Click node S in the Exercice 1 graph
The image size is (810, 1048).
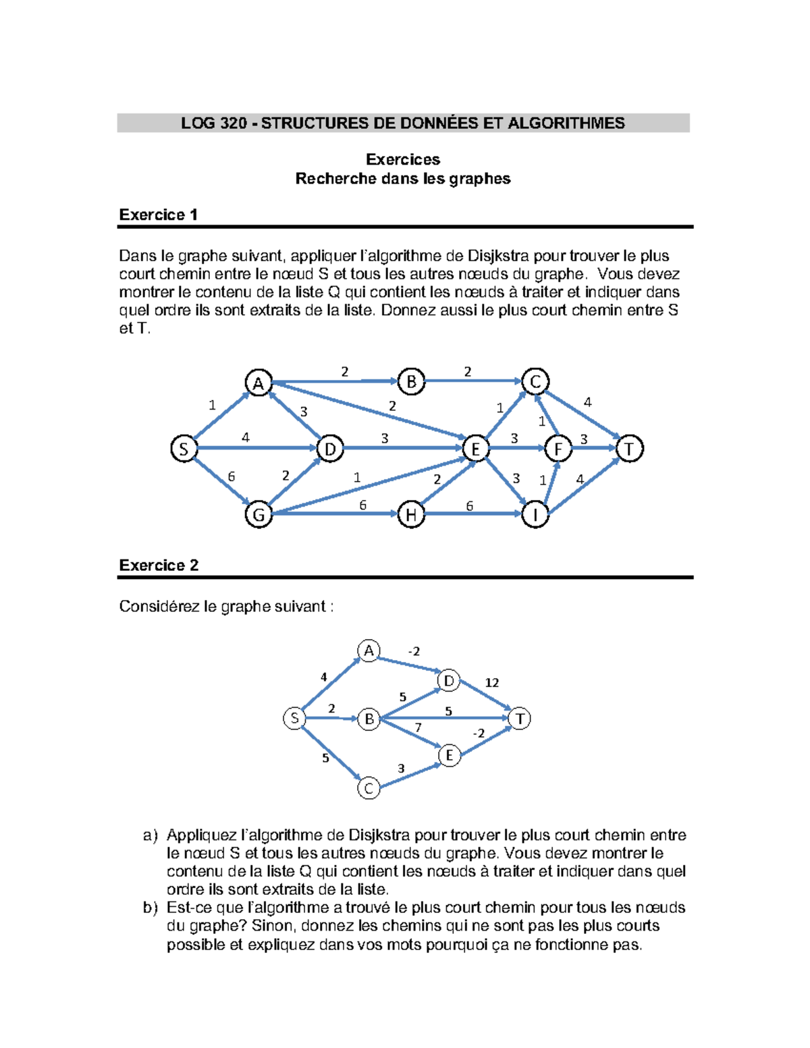[x=184, y=448]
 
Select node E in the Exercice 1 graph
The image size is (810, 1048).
[x=475, y=448]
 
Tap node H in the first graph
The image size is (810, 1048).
[x=411, y=515]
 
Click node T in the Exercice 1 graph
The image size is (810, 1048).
[x=629, y=448]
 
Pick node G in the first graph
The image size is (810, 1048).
[x=259, y=515]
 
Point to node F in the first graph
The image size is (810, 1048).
[x=558, y=448]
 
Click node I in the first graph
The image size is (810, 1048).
[x=535, y=515]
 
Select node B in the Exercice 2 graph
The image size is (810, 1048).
[x=369, y=719]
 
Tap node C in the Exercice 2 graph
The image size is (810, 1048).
[x=369, y=788]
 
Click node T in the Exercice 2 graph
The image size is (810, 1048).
[x=520, y=719]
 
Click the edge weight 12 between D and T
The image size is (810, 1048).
[x=492, y=682]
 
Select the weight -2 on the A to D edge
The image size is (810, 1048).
[x=414, y=651]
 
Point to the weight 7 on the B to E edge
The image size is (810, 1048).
[x=418, y=727]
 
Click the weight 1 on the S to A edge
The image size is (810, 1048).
[x=212, y=405]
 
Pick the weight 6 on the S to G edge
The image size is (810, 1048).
[x=232, y=476]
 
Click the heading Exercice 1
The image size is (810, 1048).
[x=158, y=215]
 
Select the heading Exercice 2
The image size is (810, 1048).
[x=159, y=565]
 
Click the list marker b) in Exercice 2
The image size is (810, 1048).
[x=150, y=908]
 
